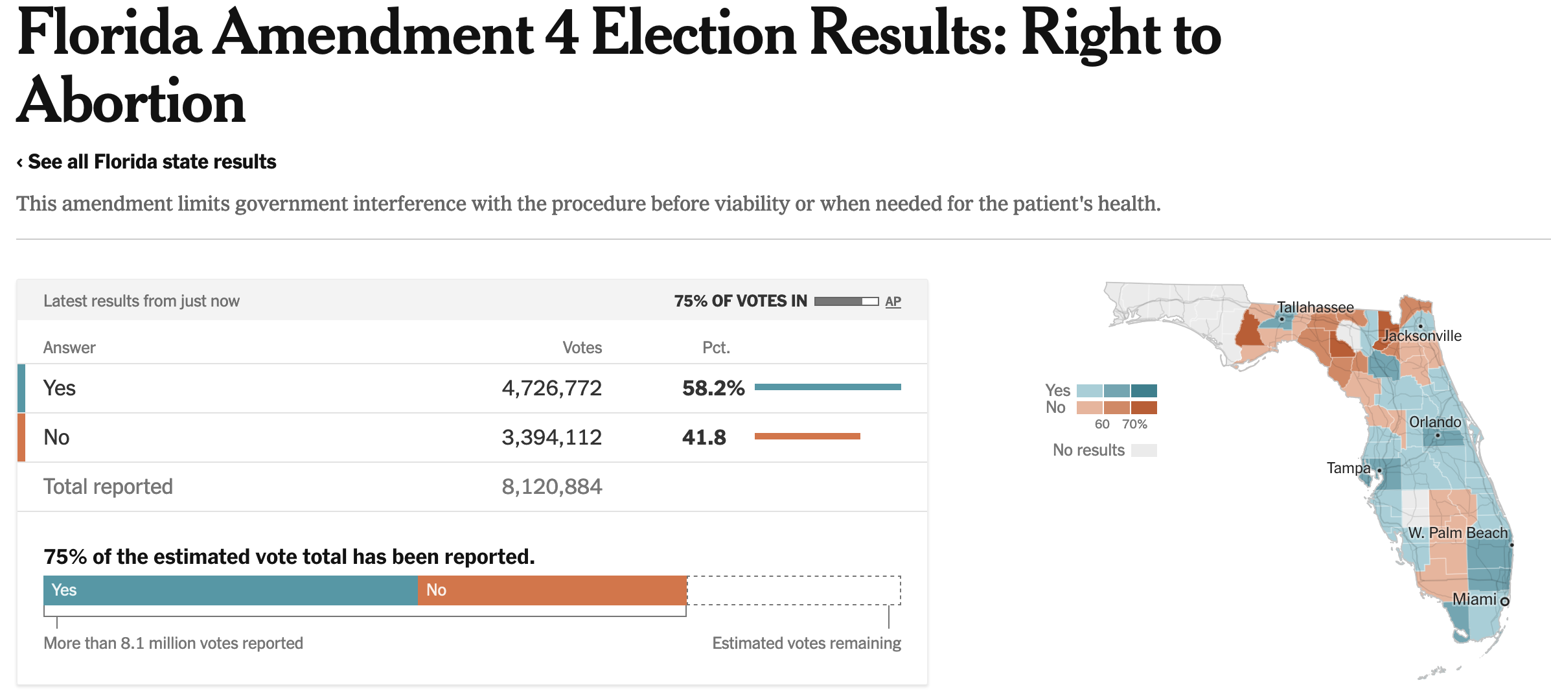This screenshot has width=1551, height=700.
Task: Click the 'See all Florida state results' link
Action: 152,162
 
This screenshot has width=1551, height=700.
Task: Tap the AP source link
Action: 893,301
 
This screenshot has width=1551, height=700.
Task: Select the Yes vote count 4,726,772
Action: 551,388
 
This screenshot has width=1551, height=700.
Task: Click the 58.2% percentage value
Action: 713,388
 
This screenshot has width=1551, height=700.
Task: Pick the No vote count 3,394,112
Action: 551,437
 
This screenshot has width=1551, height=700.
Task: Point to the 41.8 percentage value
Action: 704,437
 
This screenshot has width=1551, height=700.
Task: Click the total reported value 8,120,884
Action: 551,487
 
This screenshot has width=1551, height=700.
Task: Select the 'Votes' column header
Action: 582,348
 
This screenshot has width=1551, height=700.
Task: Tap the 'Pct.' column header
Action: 716,348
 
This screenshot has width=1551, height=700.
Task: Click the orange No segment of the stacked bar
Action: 552,590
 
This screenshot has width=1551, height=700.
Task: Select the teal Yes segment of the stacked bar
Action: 231,590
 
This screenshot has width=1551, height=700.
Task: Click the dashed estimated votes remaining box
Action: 794,590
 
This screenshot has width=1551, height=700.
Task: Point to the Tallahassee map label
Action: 1315,307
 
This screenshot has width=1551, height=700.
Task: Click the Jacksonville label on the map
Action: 1421,336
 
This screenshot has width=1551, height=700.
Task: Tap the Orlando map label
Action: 1434,422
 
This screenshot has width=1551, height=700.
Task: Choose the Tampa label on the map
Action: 1348,468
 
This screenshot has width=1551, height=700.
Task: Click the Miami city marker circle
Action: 1504,601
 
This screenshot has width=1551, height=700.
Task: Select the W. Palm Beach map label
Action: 1458,533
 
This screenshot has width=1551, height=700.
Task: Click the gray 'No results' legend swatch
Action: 1143,450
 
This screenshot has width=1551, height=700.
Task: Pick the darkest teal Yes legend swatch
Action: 1143,391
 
